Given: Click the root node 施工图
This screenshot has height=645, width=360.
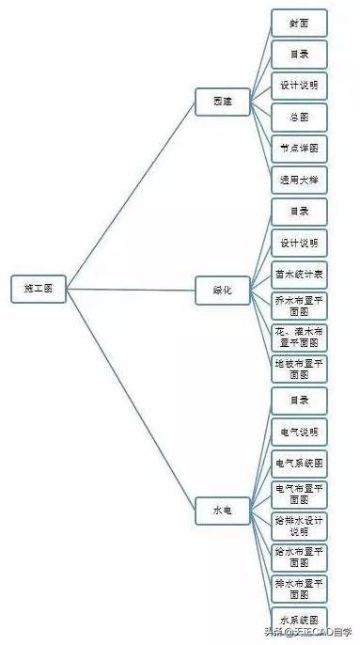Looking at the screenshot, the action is click(39, 288).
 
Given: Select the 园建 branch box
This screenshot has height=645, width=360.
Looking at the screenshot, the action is click(223, 101).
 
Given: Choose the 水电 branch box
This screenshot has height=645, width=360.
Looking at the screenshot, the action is click(223, 511).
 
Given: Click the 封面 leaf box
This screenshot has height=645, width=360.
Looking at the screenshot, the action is click(299, 23).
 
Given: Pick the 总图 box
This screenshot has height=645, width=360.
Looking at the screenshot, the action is click(299, 118).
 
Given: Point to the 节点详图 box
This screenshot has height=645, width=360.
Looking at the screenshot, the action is click(299, 149).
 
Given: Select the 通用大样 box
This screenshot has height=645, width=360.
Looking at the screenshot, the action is click(299, 180).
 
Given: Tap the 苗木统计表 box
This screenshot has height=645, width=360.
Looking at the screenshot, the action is click(299, 275).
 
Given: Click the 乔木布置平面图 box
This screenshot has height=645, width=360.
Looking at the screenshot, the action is click(299, 306).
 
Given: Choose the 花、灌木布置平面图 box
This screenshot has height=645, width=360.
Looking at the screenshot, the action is click(299, 338).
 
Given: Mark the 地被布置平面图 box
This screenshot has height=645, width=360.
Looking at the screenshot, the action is click(299, 369).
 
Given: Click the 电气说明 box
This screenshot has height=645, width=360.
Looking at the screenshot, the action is click(299, 432).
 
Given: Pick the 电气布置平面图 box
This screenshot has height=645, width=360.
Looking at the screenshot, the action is click(299, 495).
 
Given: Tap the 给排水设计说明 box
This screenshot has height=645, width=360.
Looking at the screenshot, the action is click(299, 526).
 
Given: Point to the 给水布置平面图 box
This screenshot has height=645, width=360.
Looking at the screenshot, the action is click(299, 557).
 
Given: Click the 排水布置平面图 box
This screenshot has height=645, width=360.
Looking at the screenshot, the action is click(299, 589).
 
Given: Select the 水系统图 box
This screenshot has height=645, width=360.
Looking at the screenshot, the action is click(299, 619).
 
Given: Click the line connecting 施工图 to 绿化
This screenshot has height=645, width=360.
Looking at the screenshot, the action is click(132, 289).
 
